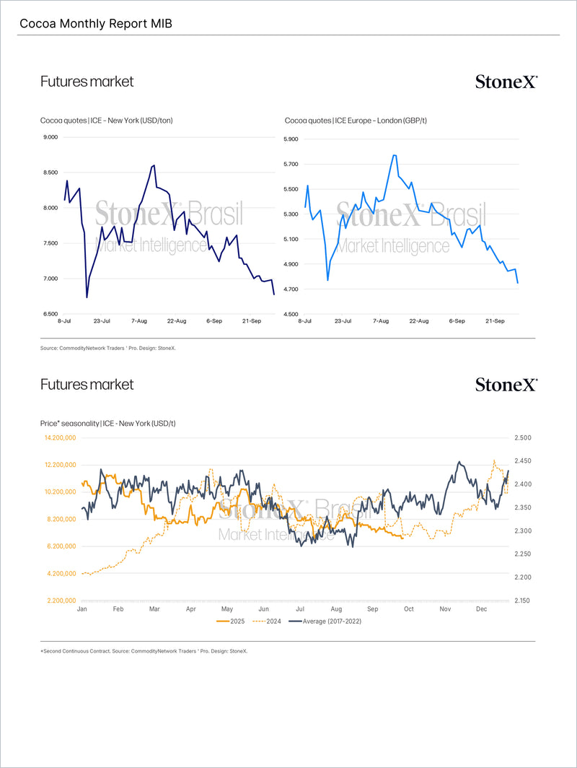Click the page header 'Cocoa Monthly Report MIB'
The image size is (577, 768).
tap(96, 24)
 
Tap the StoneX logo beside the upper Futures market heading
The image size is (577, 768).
tap(506, 82)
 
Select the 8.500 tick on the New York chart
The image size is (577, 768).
tap(51, 173)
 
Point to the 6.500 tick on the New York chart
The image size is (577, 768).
tap(51, 314)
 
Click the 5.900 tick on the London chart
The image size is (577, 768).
tap(290, 139)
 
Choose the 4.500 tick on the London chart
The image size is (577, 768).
tap(290, 314)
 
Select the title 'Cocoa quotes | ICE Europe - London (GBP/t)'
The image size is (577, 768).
tap(356, 121)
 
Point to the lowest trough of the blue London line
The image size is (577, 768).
tap(328, 280)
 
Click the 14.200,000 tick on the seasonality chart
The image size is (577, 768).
tap(60, 438)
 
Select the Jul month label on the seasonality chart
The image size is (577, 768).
tap(299, 609)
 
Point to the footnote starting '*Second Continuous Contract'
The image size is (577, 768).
tap(144, 651)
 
